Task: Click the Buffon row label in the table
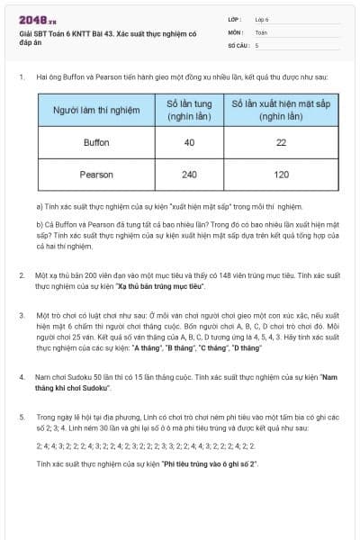point(96,142)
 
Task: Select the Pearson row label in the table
point(96,174)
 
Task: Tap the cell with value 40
point(189,142)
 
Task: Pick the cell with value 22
point(281,142)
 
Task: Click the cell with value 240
point(189,174)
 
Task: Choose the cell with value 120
point(281,174)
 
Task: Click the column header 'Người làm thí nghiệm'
point(96,110)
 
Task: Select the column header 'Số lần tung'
point(189,104)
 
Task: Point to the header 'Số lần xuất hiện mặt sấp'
point(281,104)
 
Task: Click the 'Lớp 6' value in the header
point(263,19)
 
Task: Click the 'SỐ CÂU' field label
point(238,44)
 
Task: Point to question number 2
point(22,274)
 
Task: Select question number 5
point(22,418)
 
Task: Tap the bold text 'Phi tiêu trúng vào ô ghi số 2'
point(211,464)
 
